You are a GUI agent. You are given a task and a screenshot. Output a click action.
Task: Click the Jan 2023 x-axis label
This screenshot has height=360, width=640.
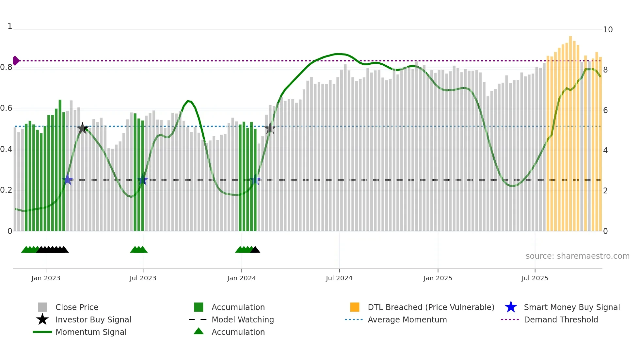point(46,278)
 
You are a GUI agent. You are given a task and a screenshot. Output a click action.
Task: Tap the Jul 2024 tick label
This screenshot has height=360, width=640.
point(339,278)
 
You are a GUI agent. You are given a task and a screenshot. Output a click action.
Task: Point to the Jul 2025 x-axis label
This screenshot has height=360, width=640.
point(535,278)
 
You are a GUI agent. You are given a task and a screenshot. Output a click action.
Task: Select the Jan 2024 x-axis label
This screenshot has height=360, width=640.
point(241,278)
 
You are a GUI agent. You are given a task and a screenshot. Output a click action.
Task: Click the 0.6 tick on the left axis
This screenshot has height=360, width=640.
point(6,108)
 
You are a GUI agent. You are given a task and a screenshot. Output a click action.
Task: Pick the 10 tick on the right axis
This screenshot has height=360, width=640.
point(608,30)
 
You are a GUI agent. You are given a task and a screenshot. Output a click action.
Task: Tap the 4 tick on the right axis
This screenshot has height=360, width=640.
point(605,151)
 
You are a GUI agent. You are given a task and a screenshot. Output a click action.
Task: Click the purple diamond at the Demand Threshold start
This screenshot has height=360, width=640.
point(16,61)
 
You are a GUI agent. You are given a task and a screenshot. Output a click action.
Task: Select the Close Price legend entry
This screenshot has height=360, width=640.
point(77,307)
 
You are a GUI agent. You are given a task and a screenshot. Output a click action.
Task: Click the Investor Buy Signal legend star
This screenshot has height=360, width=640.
point(42,319)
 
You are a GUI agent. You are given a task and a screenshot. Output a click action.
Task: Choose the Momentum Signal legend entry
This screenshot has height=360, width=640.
point(91,332)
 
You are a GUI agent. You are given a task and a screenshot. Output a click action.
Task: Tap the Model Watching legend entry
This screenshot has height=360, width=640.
point(243,319)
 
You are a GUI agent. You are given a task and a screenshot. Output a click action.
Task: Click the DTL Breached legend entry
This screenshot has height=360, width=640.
point(431,307)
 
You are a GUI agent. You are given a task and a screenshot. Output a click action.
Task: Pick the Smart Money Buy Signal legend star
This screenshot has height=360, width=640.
point(511,307)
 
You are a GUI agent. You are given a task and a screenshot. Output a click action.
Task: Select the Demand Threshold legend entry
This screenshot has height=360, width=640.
point(561,319)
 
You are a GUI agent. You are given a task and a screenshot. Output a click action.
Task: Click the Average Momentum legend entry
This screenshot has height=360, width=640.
point(407,319)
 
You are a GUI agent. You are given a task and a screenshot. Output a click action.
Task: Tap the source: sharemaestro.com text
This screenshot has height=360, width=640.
point(577,256)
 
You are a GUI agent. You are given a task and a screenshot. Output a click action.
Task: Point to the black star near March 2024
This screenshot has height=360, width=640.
point(270,129)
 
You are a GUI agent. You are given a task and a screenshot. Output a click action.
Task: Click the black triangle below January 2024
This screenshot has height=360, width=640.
point(255,250)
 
